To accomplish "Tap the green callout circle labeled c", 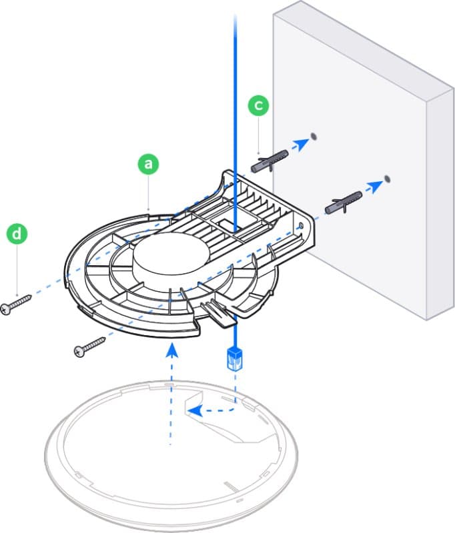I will [258, 105].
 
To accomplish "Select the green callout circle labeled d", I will [17, 234].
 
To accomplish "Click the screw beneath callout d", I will [17, 303].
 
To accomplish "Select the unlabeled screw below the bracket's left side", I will [90, 346].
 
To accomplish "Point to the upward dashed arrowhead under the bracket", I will [171, 348].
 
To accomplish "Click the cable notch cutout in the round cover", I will [220, 423].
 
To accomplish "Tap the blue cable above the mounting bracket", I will [236, 100].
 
